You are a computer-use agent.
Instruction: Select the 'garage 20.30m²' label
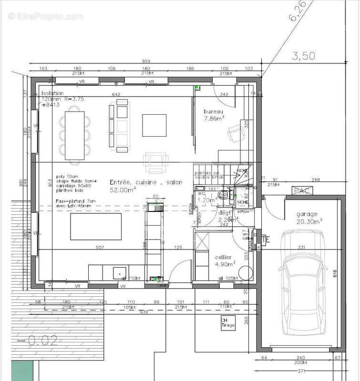tap(309, 218)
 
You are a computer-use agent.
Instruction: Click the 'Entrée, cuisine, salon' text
tap(146, 182)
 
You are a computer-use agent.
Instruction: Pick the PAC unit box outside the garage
tap(299, 191)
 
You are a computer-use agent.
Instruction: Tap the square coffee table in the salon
tap(154, 125)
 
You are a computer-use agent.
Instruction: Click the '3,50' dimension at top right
tap(303, 56)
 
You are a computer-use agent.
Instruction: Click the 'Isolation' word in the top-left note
tap(52, 93)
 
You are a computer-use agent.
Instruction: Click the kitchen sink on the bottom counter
tap(117, 272)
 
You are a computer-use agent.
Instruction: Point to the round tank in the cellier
tap(245, 272)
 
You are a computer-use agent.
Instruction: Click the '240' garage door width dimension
tap(300, 358)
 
